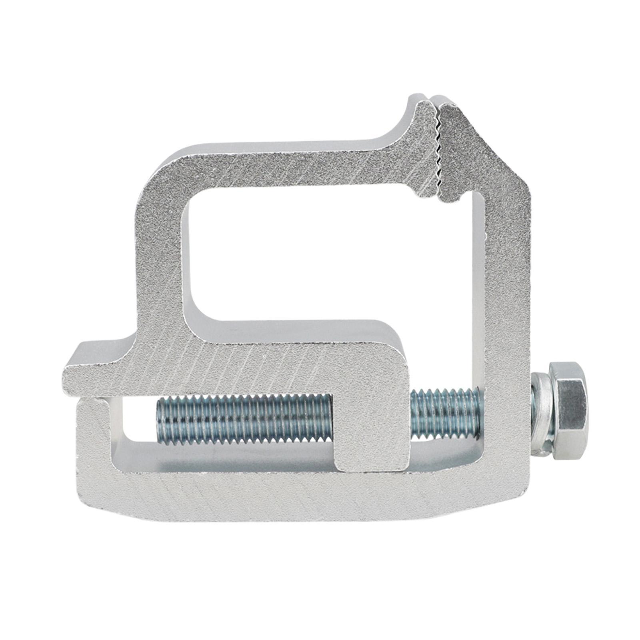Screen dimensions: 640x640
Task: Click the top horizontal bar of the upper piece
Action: [280, 168]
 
